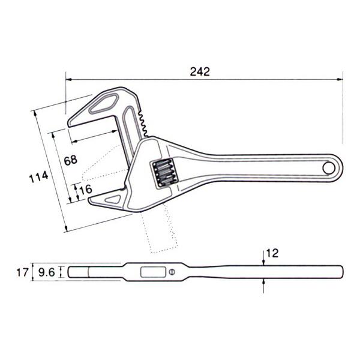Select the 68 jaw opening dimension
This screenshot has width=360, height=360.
tap(70, 161)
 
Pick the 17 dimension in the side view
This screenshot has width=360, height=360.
tap(22, 273)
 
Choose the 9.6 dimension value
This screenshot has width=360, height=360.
tap(46, 273)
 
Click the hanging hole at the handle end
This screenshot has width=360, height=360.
tap(329, 168)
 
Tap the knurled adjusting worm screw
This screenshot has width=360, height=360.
tap(164, 173)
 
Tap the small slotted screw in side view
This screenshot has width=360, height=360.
tap(173, 274)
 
